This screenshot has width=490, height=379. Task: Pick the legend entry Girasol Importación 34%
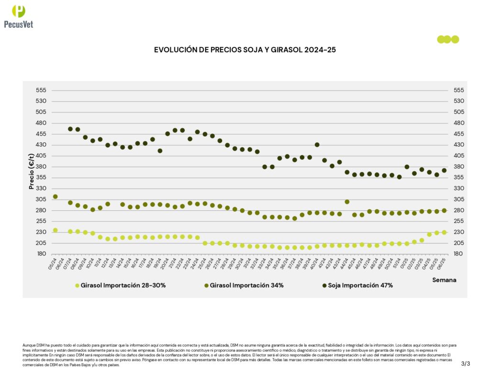click(244, 285)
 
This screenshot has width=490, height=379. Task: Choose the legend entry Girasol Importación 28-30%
click(120, 285)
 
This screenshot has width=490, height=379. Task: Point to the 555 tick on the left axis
click(41, 90)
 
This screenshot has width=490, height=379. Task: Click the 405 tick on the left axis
click(41, 156)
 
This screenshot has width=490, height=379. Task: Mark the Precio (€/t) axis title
click(32, 172)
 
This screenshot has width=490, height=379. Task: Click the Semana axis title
click(444, 279)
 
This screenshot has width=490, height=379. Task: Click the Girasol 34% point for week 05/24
click(55, 196)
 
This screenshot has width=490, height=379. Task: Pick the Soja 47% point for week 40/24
click(317, 145)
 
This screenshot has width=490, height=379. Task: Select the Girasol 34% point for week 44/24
click(347, 202)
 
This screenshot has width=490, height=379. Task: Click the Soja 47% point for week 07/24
click(70, 129)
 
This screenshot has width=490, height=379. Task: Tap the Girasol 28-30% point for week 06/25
click(445, 232)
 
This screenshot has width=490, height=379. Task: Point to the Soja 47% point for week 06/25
click(445, 170)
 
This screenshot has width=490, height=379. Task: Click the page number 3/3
click(466, 364)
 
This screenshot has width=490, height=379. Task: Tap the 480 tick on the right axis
click(458, 123)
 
